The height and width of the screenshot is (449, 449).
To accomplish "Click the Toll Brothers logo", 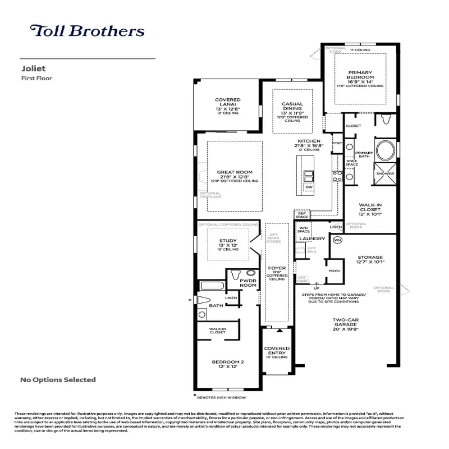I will coord(87,31).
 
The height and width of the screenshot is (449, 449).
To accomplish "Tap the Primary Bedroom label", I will coord(360,75).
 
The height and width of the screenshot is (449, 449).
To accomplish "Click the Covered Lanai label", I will coord(227,103).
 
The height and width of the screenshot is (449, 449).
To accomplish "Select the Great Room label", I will coord(235,172).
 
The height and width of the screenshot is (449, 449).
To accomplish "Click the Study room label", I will coord(227,241).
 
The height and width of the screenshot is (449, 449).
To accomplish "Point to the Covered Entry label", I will coord(277,351).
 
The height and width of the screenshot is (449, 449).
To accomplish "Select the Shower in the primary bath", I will coord(385,174).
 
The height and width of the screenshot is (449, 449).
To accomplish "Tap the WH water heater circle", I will coord(337,240).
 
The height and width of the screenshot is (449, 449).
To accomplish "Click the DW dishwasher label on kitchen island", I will coord(309,187).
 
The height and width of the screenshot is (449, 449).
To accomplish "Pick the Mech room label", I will coord(335,270).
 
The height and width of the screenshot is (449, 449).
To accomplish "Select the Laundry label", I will coord(312,239).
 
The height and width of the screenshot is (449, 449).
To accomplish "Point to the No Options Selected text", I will coord(58,380).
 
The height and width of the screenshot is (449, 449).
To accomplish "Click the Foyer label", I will coord(277,268).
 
